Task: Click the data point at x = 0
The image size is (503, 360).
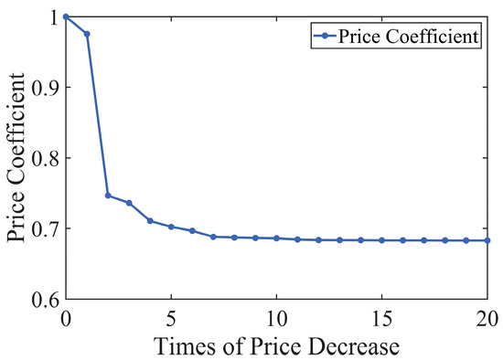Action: (x=66, y=16)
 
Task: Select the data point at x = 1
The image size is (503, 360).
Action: (x=87, y=34)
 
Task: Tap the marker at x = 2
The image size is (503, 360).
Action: (x=108, y=196)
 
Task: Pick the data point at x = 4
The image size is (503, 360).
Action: (x=150, y=221)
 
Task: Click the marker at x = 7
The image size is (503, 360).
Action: (x=213, y=237)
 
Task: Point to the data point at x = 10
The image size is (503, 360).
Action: (x=276, y=238)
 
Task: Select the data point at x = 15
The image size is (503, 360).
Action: (x=382, y=240)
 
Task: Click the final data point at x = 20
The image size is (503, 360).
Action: (x=487, y=240)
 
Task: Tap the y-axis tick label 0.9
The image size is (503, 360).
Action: (x=44, y=88)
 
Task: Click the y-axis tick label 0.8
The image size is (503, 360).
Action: (x=44, y=158)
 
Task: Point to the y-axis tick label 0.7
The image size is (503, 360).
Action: (x=44, y=228)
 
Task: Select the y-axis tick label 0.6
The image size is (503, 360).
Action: (x=44, y=299)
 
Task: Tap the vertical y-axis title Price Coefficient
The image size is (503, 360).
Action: (x=16, y=157)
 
